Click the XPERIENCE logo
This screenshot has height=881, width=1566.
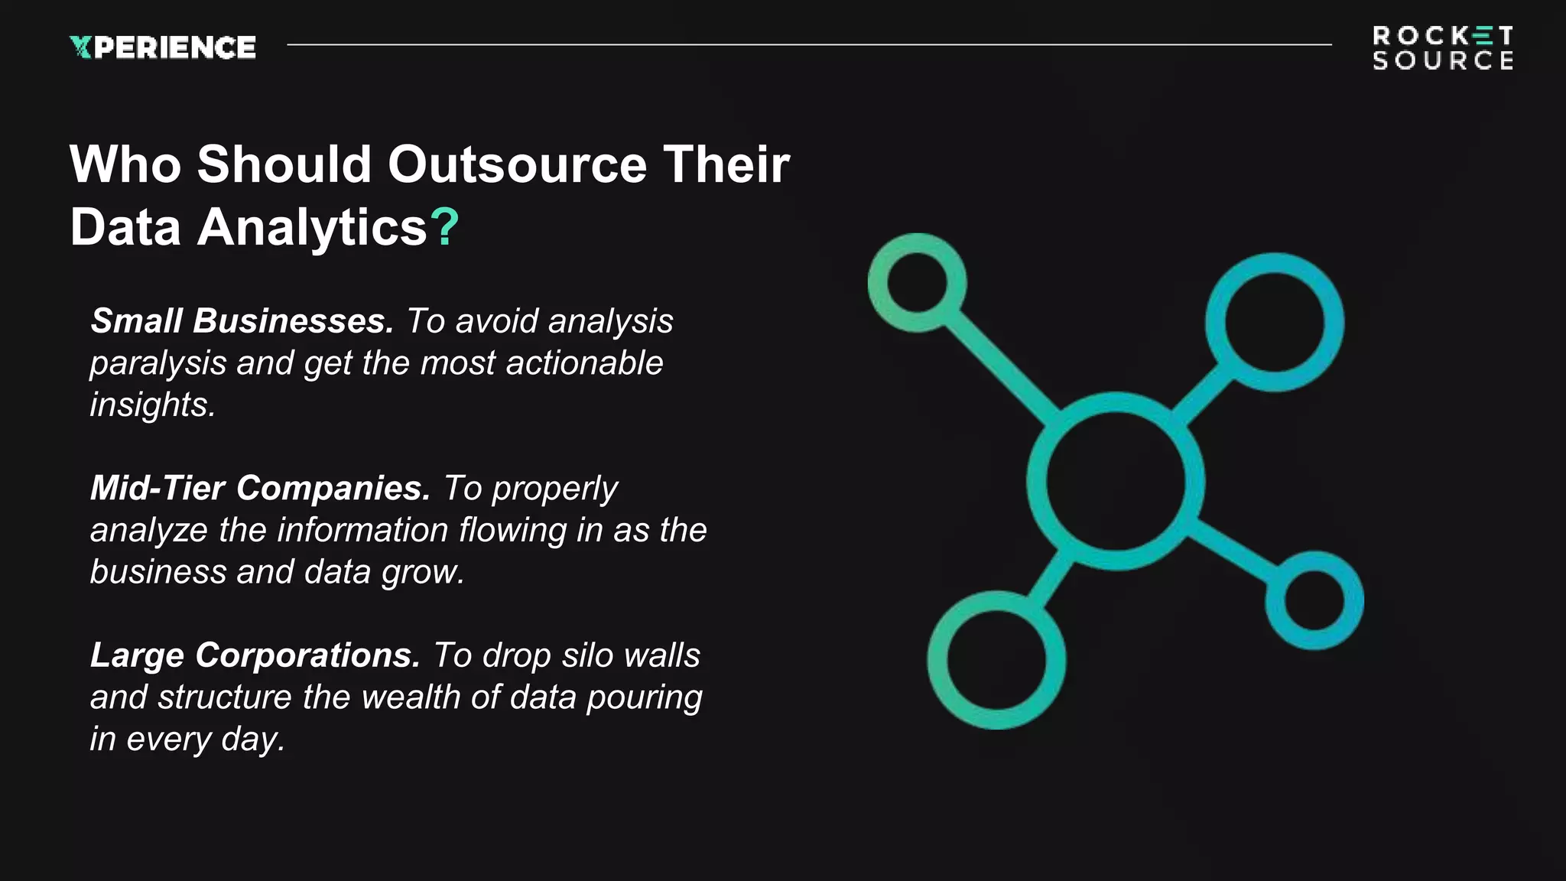click(x=162, y=47)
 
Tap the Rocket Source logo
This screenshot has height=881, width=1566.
click(x=1443, y=47)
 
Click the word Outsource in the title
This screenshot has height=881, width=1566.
click(x=517, y=164)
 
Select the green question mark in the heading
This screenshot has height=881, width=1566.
click(x=444, y=227)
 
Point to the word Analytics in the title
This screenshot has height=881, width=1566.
click(x=312, y=228)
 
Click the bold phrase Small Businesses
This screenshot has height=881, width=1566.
click(x=242, y=321)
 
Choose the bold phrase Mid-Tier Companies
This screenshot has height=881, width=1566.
click(x=260, y=488)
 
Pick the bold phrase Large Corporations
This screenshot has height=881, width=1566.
click(x=255, y=655)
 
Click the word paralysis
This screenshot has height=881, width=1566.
click(x=158, y=363)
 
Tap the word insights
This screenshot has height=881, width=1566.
click(x=152, y=405)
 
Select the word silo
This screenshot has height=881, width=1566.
click(x=586, y=655)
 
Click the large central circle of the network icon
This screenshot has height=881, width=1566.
click(x=1115, y=481)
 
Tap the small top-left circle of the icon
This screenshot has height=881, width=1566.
click(x=917, y=283)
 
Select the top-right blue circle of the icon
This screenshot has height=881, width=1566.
click(x=1274, y=322)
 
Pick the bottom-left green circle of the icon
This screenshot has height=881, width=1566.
click(x=996, y=659)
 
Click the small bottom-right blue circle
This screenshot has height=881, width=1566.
click(x=1314, y=600)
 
